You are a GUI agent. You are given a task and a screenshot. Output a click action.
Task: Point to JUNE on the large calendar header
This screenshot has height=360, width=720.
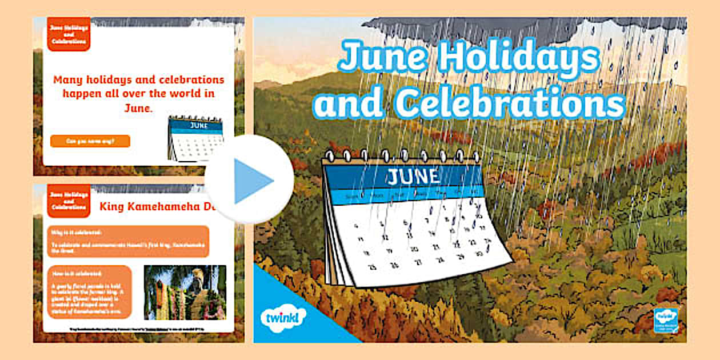[x=413, y=177]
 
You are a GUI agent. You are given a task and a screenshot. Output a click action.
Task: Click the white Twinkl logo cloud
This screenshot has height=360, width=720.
[x=283, y=316]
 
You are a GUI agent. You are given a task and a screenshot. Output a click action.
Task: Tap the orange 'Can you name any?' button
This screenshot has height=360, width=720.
[x=90, y=141]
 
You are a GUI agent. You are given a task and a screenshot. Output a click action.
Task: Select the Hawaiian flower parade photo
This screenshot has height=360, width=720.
[x=185, y=292]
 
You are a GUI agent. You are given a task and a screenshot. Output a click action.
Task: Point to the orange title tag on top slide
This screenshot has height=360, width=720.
[x=69, y=34]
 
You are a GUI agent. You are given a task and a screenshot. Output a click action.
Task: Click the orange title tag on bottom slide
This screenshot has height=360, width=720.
[x=69, y=201]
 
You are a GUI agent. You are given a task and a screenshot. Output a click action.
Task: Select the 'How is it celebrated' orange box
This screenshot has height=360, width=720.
[x=90, y=291]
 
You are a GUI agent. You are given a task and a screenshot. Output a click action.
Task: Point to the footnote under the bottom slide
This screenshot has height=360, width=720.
[x=137, y=330]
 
